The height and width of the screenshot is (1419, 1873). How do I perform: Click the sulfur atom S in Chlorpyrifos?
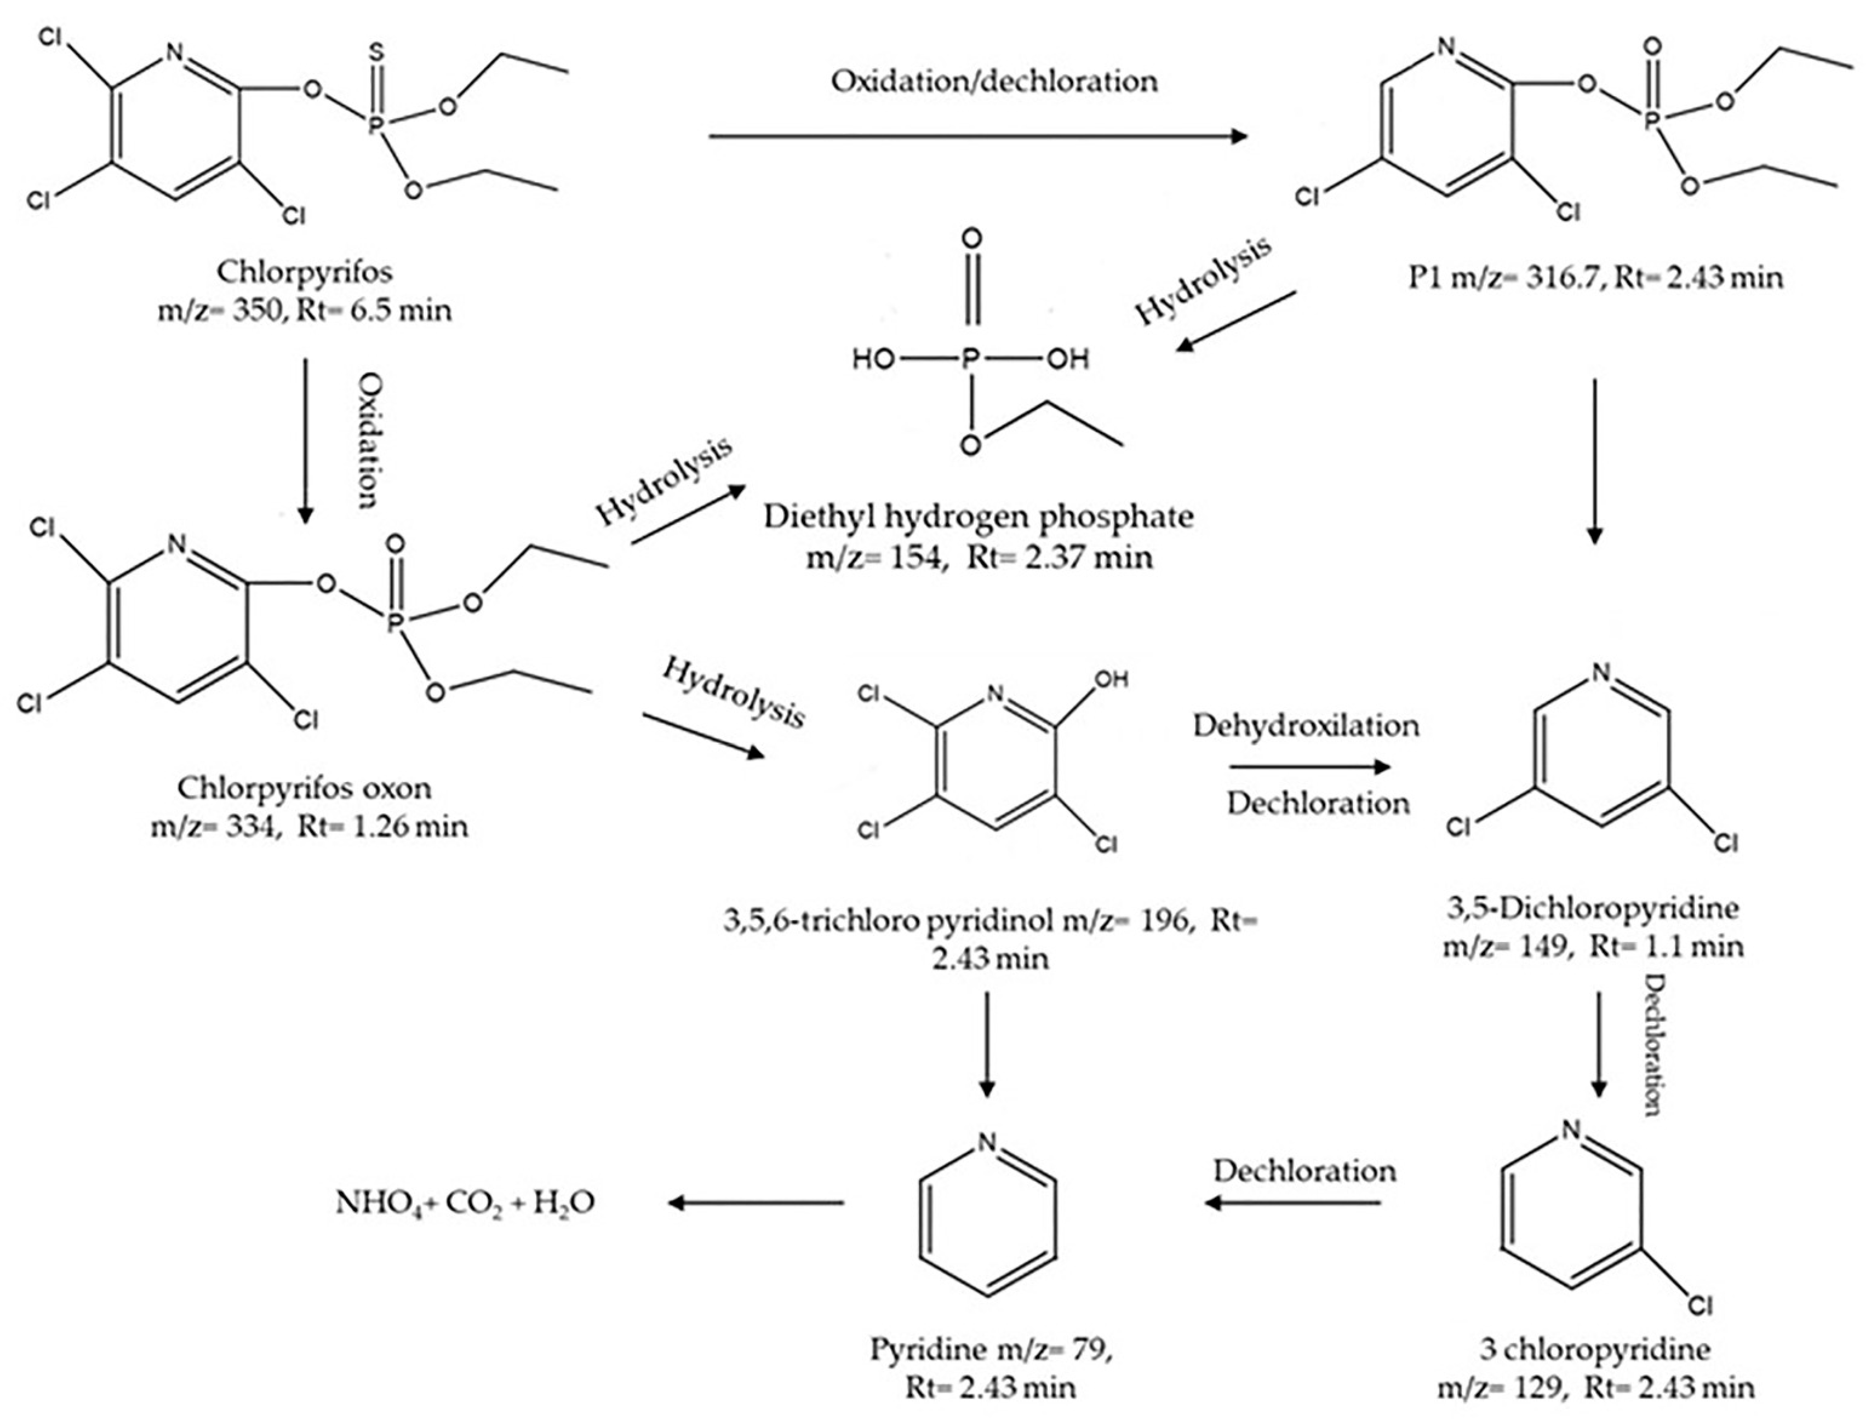377,53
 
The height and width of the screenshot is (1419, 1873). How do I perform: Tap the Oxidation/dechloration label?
994,81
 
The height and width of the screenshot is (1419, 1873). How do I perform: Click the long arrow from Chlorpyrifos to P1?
978,135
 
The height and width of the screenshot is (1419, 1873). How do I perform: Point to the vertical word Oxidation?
367,441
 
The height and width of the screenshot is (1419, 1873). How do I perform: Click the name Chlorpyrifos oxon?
305,788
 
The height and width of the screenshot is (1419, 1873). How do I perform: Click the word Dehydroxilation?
1306,726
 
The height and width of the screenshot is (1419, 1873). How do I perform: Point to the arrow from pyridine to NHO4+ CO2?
755,1202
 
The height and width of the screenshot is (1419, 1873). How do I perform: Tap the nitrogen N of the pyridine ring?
986,1142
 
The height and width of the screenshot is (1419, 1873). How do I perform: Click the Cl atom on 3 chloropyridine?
1700,1307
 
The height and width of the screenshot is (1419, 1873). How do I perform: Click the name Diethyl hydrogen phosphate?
979,517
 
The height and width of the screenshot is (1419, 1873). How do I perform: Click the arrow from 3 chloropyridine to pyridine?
1293,1202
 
